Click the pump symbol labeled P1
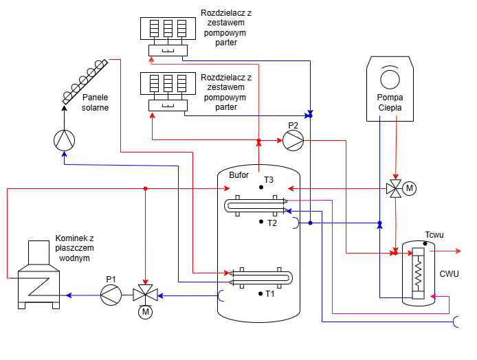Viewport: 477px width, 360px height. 110,295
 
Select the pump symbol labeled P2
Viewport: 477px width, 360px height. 293,140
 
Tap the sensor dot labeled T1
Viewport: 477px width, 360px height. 261,293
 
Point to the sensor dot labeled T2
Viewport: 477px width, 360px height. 261,222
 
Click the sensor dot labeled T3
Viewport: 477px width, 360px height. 261,186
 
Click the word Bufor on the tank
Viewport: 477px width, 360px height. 238,175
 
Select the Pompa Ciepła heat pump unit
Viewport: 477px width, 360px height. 390,88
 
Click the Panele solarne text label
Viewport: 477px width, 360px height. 95,102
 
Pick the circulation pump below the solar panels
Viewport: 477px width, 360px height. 64,139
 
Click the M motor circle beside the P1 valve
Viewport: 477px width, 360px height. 145,313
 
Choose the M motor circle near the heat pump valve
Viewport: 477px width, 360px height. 410,188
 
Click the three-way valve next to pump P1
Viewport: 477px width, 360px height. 145,295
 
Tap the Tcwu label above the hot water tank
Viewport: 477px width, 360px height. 434,234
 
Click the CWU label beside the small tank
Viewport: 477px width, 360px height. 449,273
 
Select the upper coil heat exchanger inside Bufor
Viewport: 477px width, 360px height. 258,205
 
